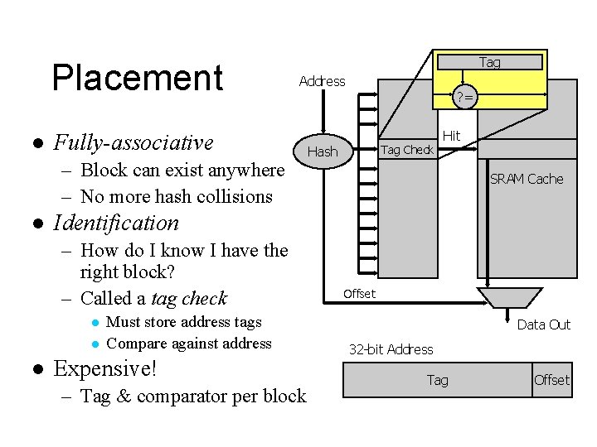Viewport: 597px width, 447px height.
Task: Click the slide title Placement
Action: [138, 78]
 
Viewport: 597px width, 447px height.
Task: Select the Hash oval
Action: [323, 151]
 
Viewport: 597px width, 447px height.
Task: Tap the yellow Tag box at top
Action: [489, 62]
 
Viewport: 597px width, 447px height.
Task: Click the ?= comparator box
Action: [466, 98]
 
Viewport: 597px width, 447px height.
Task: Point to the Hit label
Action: [451, 135]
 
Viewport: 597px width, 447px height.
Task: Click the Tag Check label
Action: [406, 150]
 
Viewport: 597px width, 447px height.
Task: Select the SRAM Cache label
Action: [527, 179]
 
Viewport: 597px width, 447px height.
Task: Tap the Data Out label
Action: [543, 324]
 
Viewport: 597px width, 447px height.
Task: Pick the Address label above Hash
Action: [322, 81]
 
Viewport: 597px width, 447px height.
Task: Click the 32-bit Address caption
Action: [391, 349]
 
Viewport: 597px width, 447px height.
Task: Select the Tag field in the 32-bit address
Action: [437, 380]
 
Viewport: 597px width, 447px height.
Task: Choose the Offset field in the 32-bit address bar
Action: [551, 380]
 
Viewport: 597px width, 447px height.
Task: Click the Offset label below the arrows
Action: [359, 294]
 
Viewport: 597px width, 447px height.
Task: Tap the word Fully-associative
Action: [133, 143]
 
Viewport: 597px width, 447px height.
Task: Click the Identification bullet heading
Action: [116, 223]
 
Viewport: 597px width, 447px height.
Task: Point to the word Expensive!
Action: [105, 368]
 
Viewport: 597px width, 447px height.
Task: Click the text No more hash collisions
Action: [176, 196]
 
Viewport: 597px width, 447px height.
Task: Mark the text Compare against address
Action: [189, 344]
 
